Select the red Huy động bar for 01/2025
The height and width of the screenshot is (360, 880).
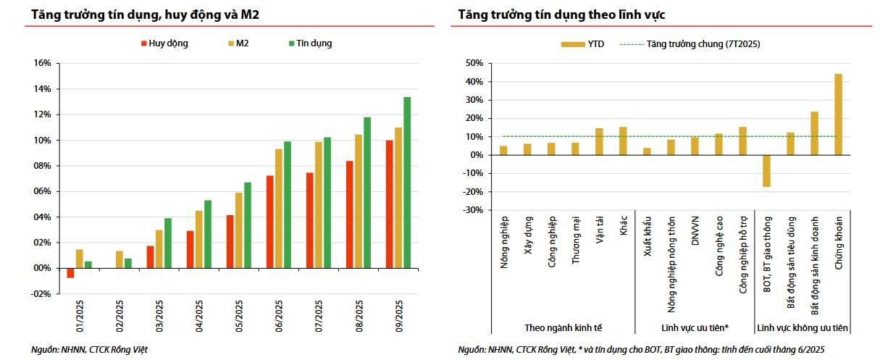point(70,273)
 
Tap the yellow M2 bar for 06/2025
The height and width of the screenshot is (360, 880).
point(279,209)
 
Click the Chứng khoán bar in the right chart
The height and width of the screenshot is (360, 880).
point(838,114)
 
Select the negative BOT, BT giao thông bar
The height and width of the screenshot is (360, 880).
point(766,171)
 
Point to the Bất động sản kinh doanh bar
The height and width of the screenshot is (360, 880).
point(814,133)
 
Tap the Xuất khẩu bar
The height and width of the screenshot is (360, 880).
point(647,151)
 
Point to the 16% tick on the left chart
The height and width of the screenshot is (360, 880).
point(42,64)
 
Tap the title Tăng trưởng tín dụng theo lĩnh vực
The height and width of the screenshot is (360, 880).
point(561,14)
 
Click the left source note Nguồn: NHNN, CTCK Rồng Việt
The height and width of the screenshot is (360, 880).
point(89,350)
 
